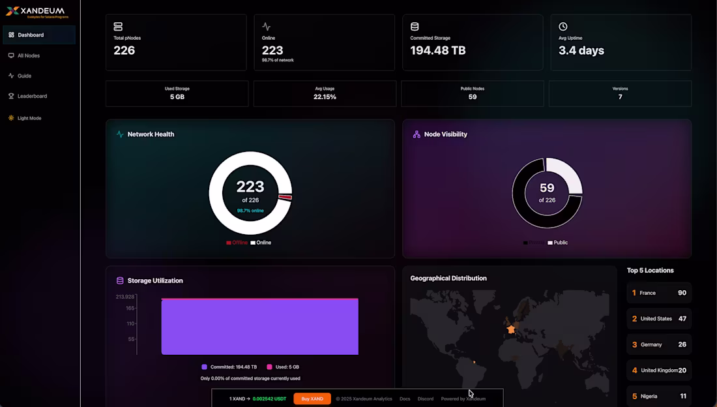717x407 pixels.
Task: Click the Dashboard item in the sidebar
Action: click(x=31, y=35)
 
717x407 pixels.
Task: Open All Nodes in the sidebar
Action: click(x=28, y=55)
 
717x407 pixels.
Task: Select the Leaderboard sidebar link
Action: click(x=31, y=96)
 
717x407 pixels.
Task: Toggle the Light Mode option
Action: click(x=29, y=118)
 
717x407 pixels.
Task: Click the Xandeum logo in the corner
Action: click(x=35, y=11)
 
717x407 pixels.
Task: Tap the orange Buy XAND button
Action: click(x=312, y=399)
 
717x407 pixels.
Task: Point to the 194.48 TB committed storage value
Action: click(x=437, y=50)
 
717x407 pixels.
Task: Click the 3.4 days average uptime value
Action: click(x=581, y=50)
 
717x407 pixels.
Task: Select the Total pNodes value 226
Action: click(x=124, y=50)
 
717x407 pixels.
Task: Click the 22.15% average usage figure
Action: click(x=325, y=97)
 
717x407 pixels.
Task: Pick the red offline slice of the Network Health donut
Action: click(x=284, y=197)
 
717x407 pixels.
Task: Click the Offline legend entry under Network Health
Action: click(x=237, y=243)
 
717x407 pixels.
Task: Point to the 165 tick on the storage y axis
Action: click(x=130, y=308)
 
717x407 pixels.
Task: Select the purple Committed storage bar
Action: click(x=259, y=327)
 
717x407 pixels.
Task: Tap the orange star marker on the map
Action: click(x=511, y=329)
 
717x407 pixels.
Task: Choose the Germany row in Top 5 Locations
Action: click(x=658, y=344)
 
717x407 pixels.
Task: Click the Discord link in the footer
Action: click(x=425, y=399)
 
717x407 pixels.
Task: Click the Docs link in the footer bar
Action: click(x=405, y=399)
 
